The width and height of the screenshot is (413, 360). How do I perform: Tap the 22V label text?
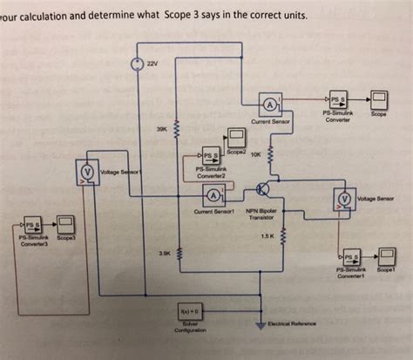[152, 65]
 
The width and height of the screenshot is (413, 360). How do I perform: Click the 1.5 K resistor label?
[267, 235]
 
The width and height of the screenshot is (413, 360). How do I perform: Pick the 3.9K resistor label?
[165, 254]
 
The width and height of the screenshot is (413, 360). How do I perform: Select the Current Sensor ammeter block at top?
[269, 106]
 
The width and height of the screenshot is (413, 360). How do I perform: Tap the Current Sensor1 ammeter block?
[213, 193]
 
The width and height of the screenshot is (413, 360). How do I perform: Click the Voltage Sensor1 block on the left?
[88, 172]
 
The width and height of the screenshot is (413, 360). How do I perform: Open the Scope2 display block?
[236, 137]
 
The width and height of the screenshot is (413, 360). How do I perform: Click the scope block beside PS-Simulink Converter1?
[383, 259]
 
